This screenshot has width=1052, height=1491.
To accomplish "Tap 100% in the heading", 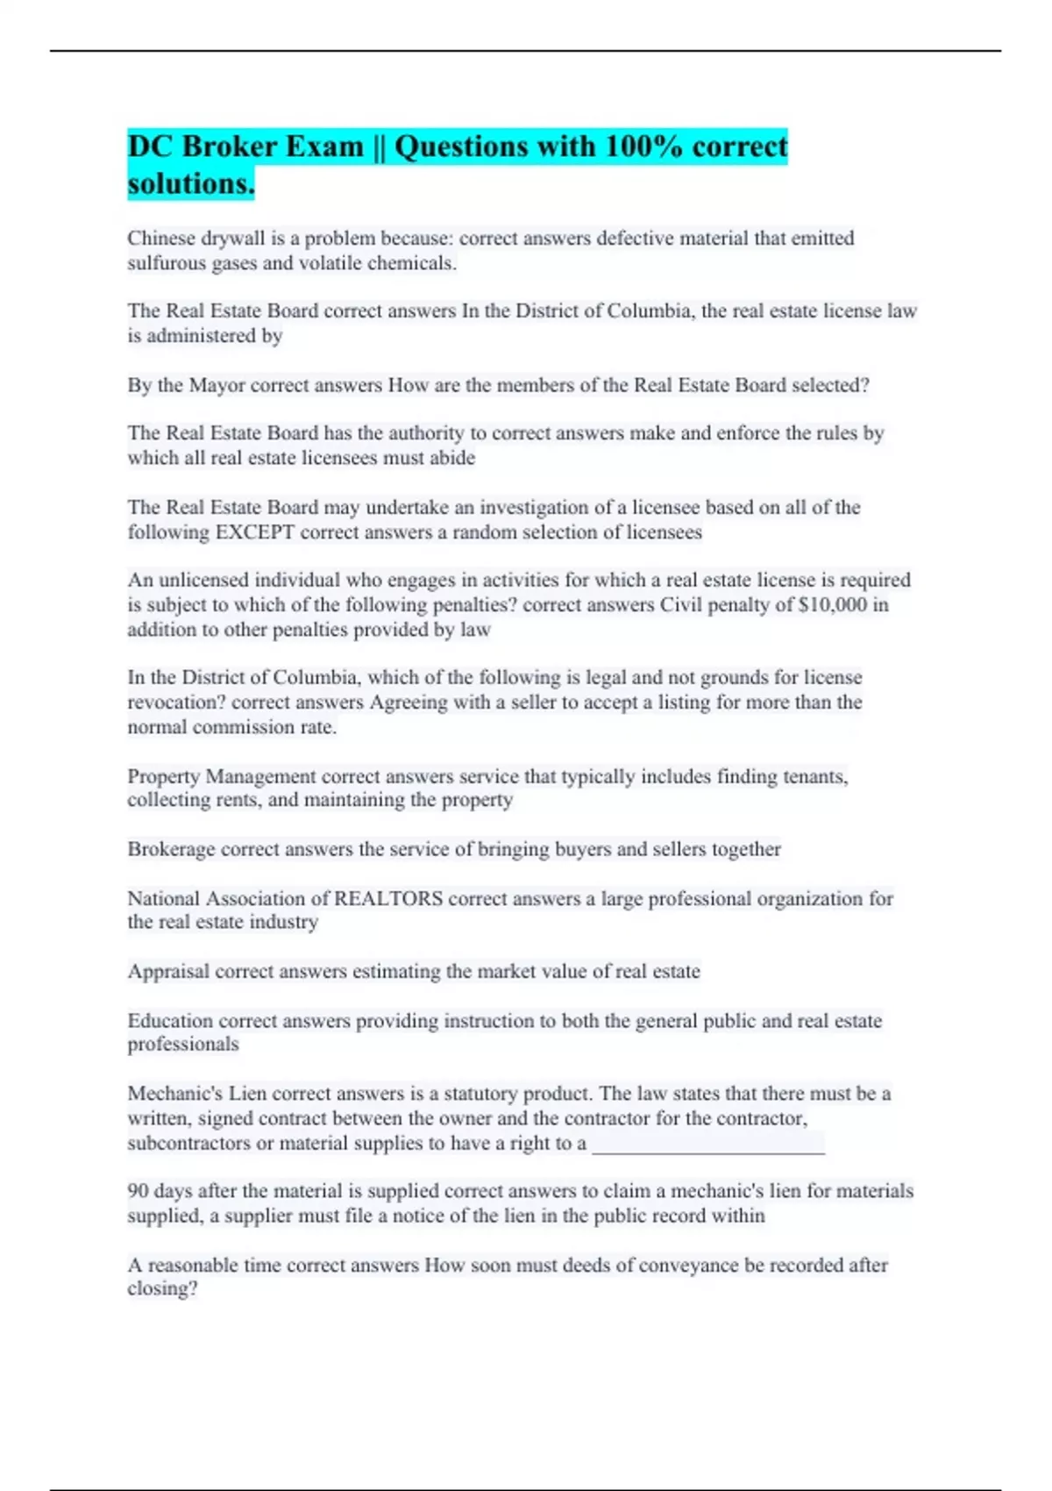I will [644, 146].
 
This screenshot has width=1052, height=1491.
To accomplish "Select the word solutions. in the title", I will [191, 184].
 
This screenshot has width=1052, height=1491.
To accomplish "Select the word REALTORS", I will [388, 898].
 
